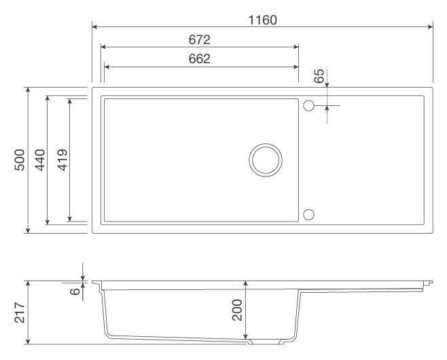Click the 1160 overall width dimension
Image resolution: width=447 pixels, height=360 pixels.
tap(262, 20)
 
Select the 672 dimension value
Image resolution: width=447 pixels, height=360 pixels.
tap(200, 39)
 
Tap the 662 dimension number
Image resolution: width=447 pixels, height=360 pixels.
tap(200, 58)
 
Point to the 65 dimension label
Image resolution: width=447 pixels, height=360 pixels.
tap(319, 75)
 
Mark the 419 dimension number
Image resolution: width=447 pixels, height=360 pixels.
tap(62, 160)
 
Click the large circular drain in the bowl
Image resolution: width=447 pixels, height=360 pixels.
tap(265, 160)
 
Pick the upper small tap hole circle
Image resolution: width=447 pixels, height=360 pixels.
tap(308, 106)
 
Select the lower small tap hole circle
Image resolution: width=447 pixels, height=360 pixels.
tap(308, 215)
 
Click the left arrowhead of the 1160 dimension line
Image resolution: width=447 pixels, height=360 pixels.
tap(95, 27)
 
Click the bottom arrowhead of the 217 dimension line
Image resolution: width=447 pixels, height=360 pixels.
tap(27, 342)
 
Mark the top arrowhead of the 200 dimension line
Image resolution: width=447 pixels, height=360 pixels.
tap(246, 283)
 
